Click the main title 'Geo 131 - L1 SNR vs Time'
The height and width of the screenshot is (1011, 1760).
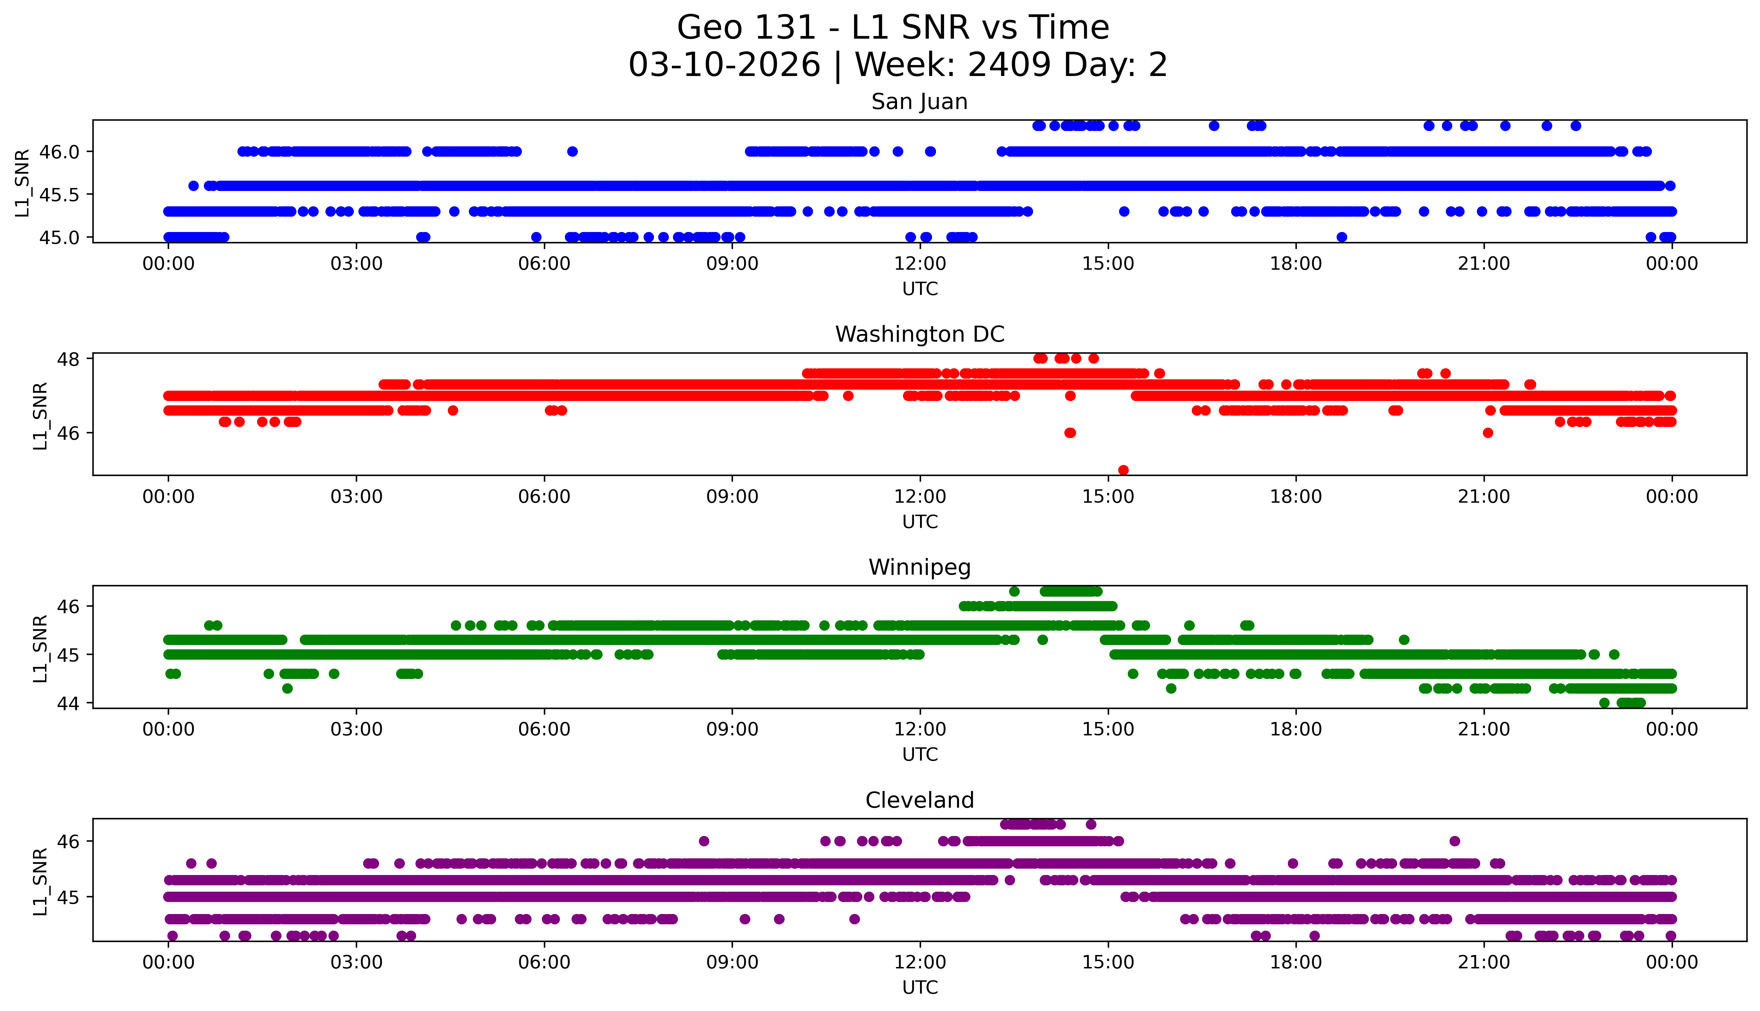[892, 28]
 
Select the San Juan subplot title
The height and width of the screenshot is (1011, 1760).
[919, 102]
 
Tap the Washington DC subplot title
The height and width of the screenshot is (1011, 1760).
[919, 335]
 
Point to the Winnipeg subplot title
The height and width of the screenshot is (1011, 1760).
[919, 567]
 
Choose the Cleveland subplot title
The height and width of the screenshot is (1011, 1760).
[919, 801]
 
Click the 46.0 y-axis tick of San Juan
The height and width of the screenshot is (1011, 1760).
[60, 151]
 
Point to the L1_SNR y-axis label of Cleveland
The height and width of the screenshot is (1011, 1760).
[40, 880]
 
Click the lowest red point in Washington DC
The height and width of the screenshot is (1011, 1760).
[1123, 470]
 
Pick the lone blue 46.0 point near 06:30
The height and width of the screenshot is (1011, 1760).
[572, 151]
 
